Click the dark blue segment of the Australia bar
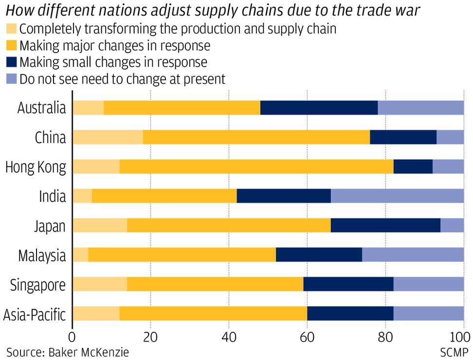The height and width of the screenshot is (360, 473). [x=319, y=108]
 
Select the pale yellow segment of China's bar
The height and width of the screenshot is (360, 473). [x=108, y=137]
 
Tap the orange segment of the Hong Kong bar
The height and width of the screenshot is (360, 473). [x=256, y=167]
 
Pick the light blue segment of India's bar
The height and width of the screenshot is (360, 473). [x=397, y=196]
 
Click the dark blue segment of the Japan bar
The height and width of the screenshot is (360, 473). [x=385, y=226]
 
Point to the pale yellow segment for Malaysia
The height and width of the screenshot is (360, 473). [x=80, y=255]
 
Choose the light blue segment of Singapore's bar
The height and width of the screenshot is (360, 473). [x=428, y=285]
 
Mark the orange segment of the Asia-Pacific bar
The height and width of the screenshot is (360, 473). [x=213, y=314]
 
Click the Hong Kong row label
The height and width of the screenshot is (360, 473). [x=35, y=167]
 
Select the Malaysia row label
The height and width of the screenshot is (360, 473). [x=42, y=255]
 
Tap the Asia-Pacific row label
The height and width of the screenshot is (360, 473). [x=34, y=315]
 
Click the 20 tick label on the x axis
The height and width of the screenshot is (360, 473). [x=150, y=337]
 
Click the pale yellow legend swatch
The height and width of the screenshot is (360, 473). [x=12, y=29]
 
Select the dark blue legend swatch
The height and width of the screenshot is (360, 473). [x=12, y=62]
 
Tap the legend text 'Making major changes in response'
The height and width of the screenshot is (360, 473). [x=115, y=46]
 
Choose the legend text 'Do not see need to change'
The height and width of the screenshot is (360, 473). [x=122, y=79]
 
